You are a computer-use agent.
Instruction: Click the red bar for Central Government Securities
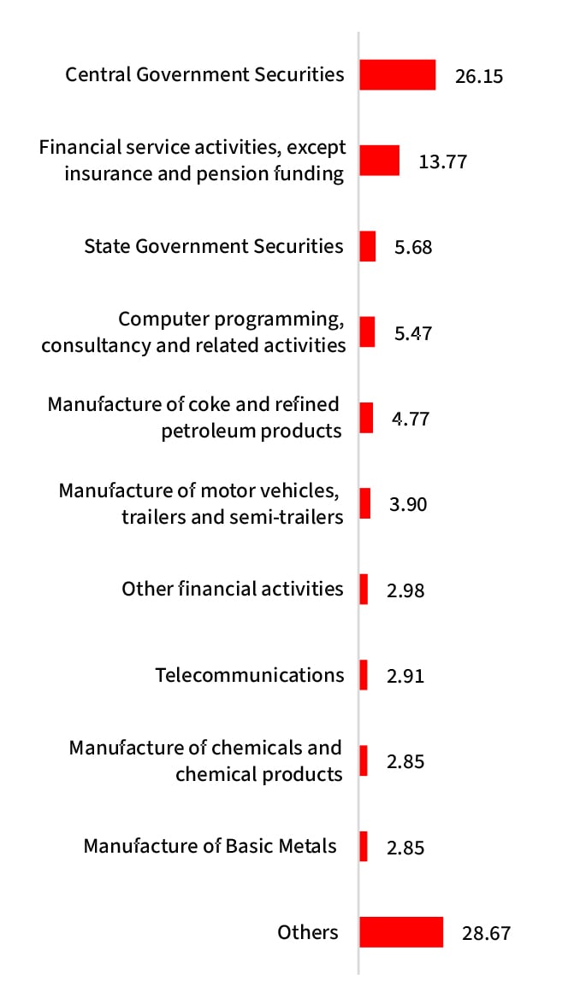pos(397,74)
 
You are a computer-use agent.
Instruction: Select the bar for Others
pos(400,932)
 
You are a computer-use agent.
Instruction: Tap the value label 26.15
pos(479,76)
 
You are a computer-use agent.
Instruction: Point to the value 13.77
pos(442,161)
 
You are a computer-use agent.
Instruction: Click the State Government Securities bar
pos(368,246)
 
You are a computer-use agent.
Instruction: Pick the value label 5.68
pos(413,248)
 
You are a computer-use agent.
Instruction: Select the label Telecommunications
pos(250,675)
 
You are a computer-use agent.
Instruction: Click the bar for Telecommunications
pos(364,675)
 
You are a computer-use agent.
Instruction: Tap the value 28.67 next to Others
pos(486,933)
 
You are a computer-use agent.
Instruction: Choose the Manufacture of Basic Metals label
pos(210,846)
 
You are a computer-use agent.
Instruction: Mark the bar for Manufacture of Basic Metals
pos(364,846)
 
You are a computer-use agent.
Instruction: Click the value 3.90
pos(407,504)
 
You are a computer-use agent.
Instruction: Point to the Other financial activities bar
pos(364,589)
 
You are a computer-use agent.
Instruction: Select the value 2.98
pos(405,590)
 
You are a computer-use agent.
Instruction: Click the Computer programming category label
pos(194,332)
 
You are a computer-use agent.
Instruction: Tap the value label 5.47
pos(413,333)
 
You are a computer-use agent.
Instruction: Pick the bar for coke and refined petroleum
pos(366,418)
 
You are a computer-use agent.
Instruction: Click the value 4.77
pos(410,420)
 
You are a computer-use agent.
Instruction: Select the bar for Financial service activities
pos(379,160)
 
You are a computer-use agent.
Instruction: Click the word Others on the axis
pos(308,932)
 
